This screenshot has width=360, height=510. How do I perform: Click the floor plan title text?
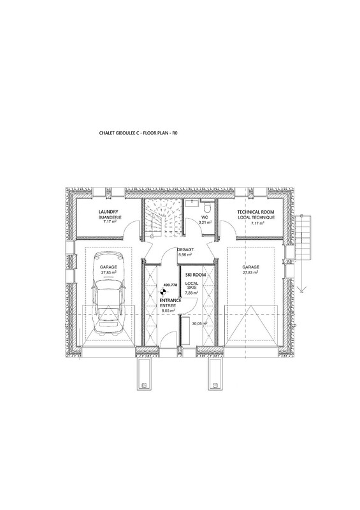(139, 133)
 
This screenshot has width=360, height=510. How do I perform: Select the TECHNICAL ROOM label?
(256, 212)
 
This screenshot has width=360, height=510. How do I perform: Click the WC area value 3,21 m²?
(205, 222)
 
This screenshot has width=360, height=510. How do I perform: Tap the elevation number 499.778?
(170, 285)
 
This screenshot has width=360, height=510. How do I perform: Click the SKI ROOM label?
(195, 275)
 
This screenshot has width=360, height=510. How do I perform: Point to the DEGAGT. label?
(185, 250)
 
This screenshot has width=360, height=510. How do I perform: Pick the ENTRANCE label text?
(170, 301)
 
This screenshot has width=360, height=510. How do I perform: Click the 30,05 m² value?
(199, 323)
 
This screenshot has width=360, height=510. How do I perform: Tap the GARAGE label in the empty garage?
(250, 267)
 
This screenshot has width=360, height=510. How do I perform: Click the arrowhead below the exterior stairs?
(302, 289)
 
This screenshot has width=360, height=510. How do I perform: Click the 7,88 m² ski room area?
(191, 293)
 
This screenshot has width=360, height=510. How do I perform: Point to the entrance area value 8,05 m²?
(168, 310)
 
